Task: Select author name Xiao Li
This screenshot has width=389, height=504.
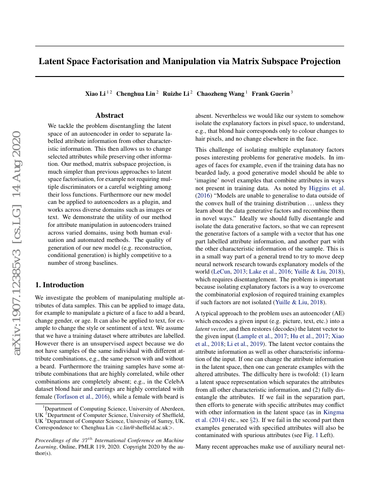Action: point(95,94)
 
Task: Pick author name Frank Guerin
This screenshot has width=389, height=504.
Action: point(270,94)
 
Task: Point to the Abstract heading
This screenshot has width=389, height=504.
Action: point(109,115)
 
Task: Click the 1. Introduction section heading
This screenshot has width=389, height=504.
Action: point(59,285)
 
